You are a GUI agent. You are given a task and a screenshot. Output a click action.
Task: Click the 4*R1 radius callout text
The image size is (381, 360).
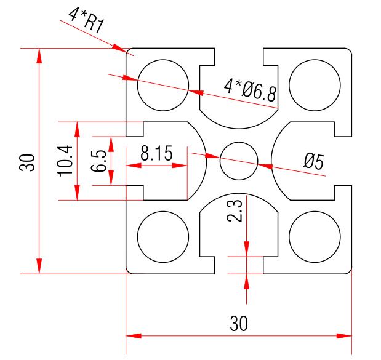point(87,21)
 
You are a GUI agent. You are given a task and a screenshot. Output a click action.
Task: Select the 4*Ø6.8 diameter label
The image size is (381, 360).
point(251,90)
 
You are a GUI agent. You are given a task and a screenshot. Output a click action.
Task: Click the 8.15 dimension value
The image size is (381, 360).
point(156,153)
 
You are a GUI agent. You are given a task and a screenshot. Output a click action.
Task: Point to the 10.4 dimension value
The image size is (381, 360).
point(65,161)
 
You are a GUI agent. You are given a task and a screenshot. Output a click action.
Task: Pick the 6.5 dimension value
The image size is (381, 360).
point(98,161)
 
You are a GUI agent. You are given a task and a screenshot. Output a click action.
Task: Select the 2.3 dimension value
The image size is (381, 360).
point(235,211)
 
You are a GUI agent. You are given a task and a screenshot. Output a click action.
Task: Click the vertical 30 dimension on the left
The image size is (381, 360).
point(27,162)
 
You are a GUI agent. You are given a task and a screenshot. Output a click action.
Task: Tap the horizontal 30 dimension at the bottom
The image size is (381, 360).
point(239,324)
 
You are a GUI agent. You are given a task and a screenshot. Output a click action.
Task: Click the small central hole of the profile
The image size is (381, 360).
point(239,161)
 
